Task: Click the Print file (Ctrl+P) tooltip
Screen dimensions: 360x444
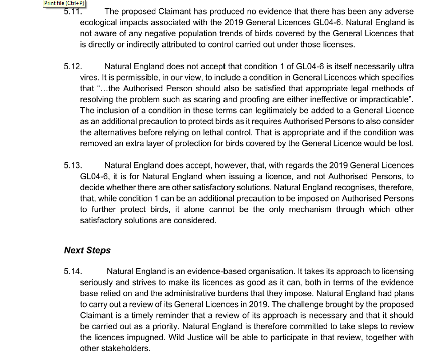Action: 64,4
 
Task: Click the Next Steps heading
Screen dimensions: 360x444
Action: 87,250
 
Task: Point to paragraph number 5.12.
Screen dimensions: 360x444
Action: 73,66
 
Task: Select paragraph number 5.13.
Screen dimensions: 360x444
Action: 73,166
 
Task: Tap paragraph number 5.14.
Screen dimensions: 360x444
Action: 73,271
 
